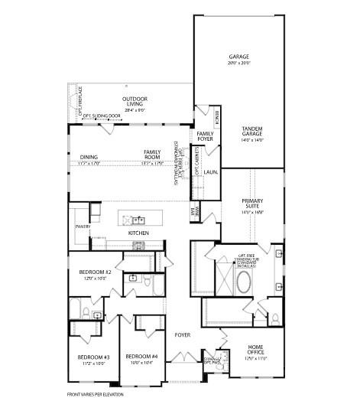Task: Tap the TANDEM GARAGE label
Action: click(x=252, y=132)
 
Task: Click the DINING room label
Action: click(x=89, y=159)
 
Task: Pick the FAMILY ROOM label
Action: click(x=153, y=155)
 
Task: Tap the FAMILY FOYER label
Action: click(x=205, y=137)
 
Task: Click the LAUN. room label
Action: click(x=209, y=172)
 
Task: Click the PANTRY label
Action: click(x=83, y=227)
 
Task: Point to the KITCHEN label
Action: click(x=138, y=233)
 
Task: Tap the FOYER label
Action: click(x=182, y=334)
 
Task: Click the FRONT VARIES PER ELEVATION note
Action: click(x=96, y=396)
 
